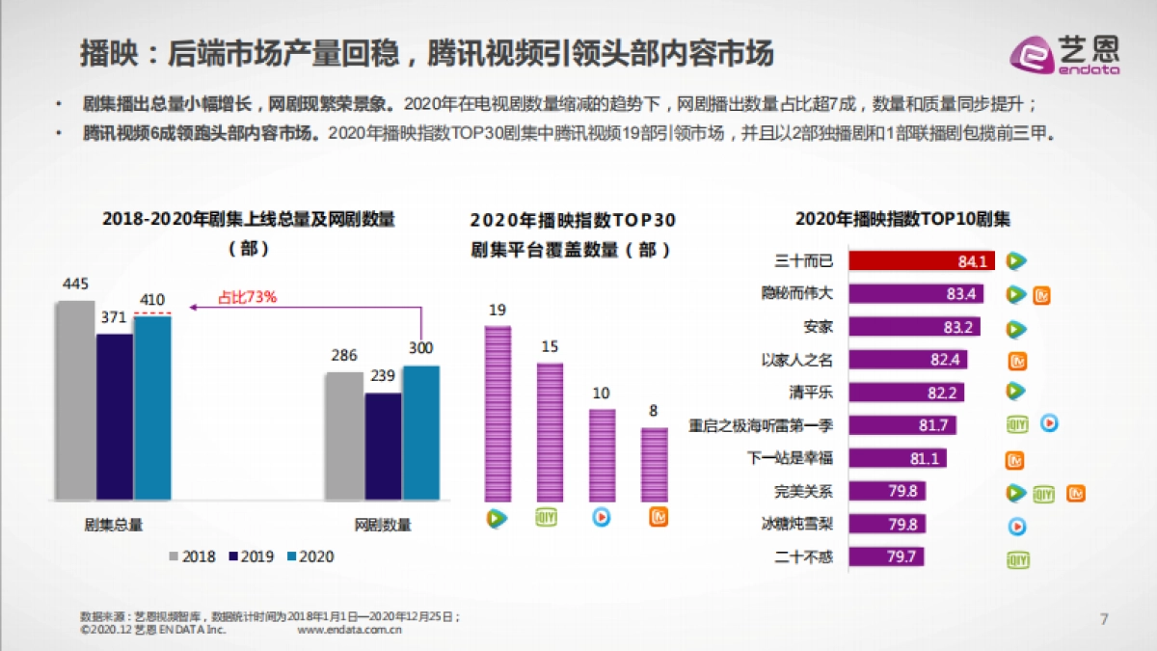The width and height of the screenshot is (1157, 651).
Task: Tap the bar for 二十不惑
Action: (x=886, y=556)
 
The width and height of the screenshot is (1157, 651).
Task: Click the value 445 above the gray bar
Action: (x=75, y=284)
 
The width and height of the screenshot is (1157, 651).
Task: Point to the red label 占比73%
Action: (x=248, y=297)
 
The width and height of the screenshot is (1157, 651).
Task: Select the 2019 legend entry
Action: (x=252, y=556)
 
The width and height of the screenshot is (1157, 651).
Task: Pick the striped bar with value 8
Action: (x=654, y=464)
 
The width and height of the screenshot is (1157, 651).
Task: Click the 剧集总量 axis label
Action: (x=113, y=525)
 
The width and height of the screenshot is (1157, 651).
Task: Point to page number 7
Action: (x=1105, y=618)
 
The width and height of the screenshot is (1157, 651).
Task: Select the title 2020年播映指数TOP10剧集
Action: (x=902, y=219)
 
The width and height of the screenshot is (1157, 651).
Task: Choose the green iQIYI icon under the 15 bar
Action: (x=548, y=518)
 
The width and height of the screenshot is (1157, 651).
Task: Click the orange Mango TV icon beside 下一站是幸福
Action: (x=1015, y=459)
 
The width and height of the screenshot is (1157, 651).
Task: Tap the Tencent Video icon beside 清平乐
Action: (x=1015, y=392)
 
